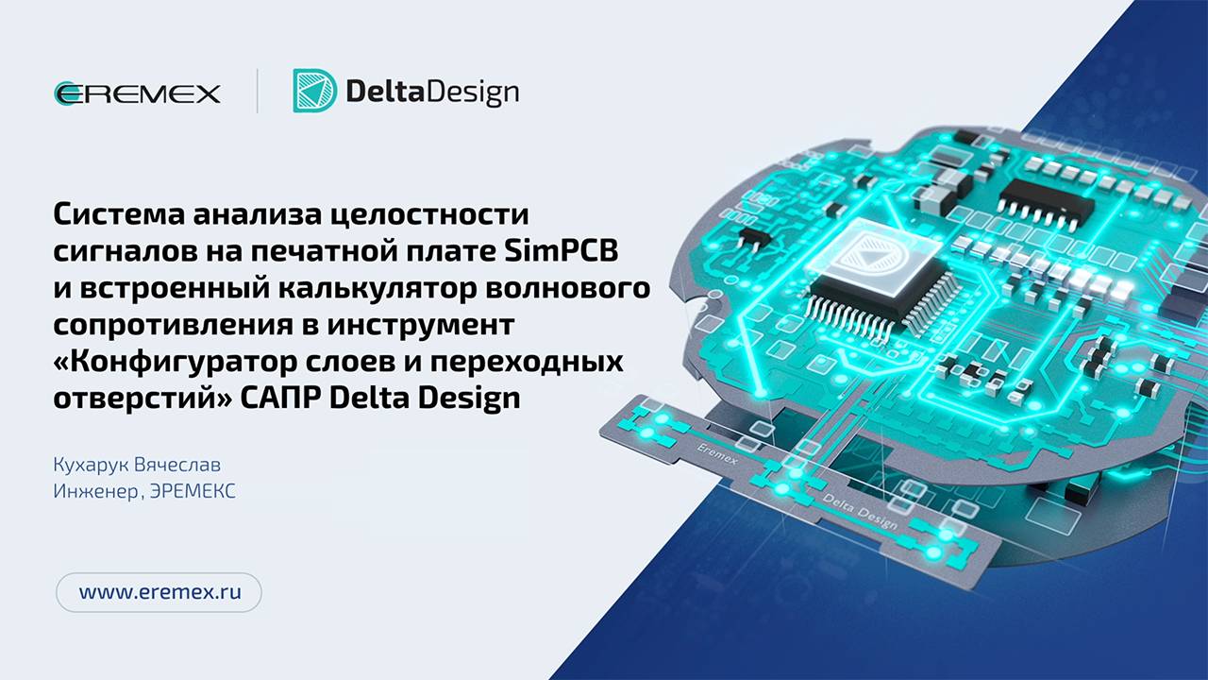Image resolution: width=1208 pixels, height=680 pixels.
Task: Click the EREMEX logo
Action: tap(138, 93)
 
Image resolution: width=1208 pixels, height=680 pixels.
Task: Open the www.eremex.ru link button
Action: tap(159, 592)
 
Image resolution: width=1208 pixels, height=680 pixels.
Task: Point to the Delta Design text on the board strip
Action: tap(859, 508)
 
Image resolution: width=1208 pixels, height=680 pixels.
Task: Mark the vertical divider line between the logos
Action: tap(258, 92)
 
